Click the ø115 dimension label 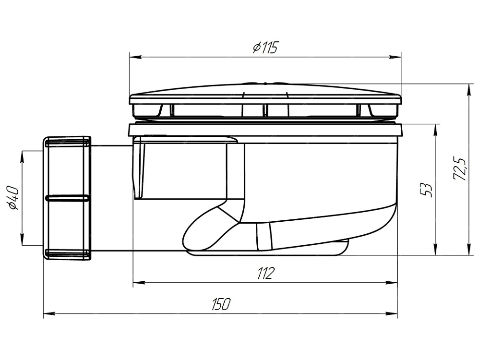click(265, 48)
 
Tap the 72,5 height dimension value click(460, 169)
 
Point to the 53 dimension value click(426, 190)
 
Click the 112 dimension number click(265, 273)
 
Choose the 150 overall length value click(221, 304)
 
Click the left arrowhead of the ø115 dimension click(135, 57)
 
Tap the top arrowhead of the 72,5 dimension click(469, 89)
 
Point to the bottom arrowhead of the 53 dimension click(435, 249)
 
